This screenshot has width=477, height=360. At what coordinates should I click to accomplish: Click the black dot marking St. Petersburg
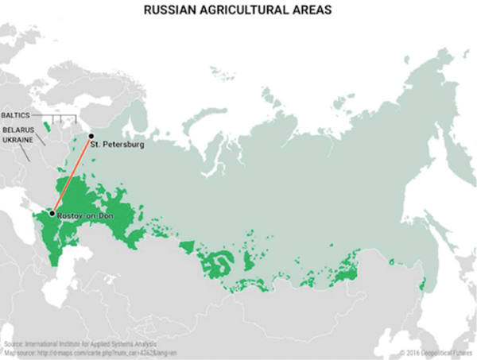(91, 136)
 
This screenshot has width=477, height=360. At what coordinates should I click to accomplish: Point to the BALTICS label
(19, 115)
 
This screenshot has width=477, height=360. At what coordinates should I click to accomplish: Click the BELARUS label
(18, 128)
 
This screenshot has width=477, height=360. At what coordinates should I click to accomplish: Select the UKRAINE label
(18, 139)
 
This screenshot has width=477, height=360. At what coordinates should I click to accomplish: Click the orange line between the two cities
(72, 174)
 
